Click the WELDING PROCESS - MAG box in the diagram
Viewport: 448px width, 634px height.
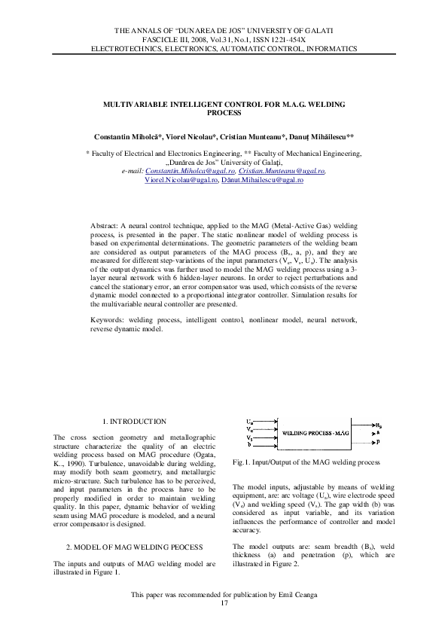pos(316,434)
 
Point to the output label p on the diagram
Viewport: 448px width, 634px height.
pos(377,443)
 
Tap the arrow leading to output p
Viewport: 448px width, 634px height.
pos(363,443)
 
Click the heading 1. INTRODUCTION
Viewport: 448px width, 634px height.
pos(134,421)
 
